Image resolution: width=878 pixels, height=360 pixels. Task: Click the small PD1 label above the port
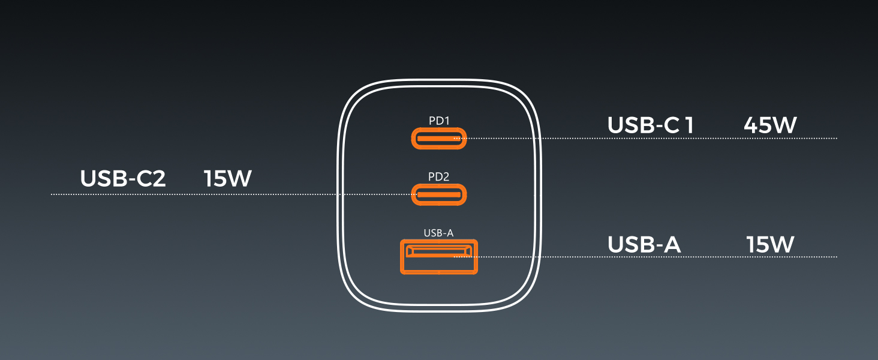coord(438,121)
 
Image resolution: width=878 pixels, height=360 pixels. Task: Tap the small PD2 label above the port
coord(438,177)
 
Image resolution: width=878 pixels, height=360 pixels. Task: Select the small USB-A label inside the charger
coord(438,233)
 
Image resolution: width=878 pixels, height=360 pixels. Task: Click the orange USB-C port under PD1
coord(438,139)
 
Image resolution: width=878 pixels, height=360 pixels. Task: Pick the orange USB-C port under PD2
coord(438,194)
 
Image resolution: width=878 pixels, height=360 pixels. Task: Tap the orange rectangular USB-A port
coord(438,257)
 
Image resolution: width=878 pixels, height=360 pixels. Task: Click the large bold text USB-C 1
coord(650,125)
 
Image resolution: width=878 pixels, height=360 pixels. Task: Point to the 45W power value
coord(770,125)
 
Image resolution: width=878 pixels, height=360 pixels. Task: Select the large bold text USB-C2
coord(123,178)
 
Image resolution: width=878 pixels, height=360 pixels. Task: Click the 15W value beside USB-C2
coord(228,178)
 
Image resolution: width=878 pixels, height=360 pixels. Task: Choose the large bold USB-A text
coord(644,244)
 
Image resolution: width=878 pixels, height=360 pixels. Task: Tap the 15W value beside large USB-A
coord(770,244)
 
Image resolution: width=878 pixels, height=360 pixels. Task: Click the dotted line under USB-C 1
coord(645,139)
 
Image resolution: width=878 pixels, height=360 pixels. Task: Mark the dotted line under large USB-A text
coord(645,257)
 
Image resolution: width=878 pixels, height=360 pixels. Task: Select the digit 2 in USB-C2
coord(158,178)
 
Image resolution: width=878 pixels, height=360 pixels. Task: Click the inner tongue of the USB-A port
coord(438,251)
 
